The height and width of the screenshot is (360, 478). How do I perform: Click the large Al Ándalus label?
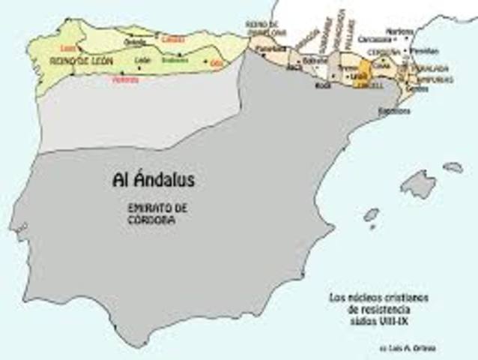[152, 180]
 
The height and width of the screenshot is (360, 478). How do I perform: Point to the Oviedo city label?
[135, 43]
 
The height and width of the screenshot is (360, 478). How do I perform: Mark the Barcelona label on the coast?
[394, 110]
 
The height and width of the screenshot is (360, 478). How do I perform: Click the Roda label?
[324, 85]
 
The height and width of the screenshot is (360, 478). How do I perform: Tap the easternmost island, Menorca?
[453, 167]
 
